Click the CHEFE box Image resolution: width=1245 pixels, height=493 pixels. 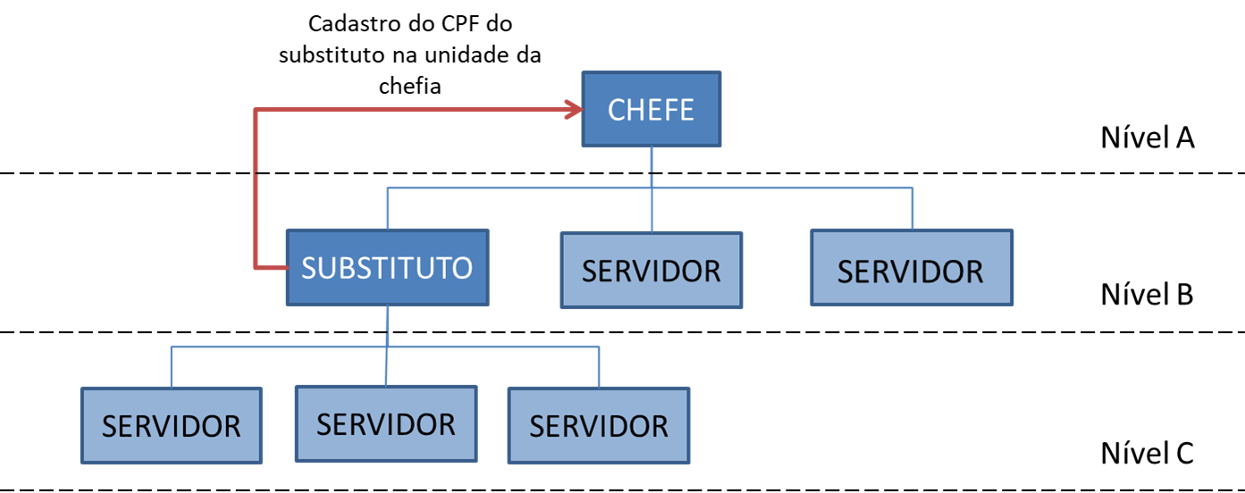pyautogui.click(x=652, y=110)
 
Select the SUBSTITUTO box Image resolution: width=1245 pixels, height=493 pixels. pyautogui.click(x=387, y=267)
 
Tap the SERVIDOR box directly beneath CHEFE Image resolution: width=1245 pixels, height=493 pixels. pyautogui.click(x=651, y=271)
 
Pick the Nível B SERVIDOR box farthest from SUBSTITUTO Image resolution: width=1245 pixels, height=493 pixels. pyautogui.click(x=911, y=268)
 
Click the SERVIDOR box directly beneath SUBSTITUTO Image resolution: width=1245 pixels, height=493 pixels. pyautogui.click(x=386, y=423)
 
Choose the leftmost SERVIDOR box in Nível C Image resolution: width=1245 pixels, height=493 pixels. pyautogui.click(x=171, y=425)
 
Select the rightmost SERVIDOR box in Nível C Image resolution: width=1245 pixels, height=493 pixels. pyautogui.click(x=598, y=425)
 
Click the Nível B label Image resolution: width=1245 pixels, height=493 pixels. pyautogui.click(x=1148, y=294)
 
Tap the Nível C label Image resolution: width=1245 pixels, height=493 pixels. pyautogui.click(x=1148, y=452)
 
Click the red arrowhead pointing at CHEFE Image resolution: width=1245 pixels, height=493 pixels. pyautogui.click(x=574, y=110)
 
